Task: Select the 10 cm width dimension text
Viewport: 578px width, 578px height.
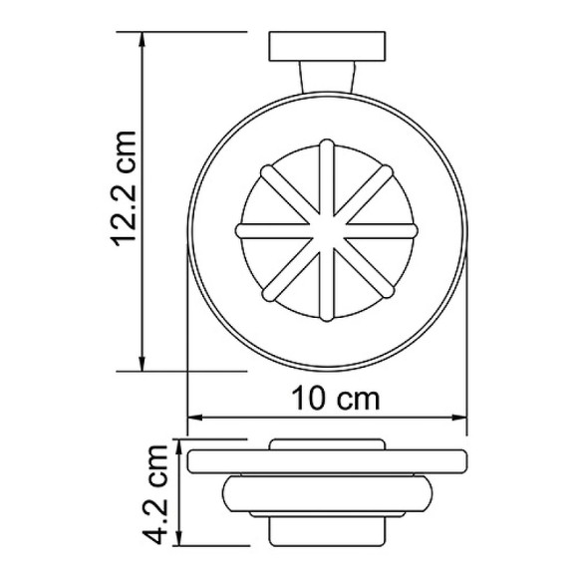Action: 338,399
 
